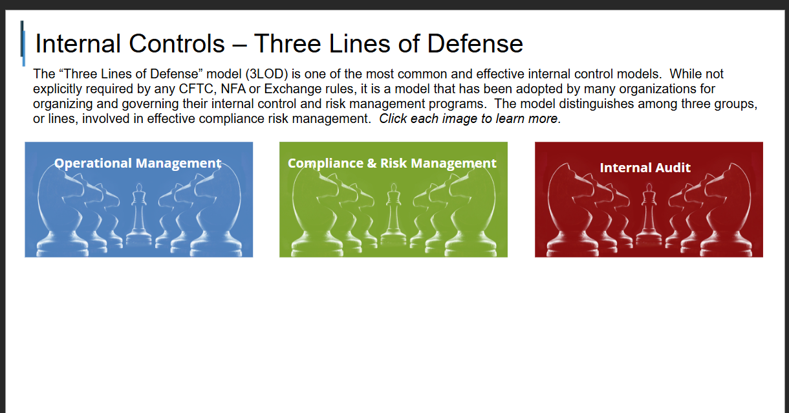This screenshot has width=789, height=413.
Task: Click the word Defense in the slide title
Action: click(475, 44)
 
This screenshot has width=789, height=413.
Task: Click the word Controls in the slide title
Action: click(177, 44)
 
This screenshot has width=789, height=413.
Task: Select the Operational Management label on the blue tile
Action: click(138, 164)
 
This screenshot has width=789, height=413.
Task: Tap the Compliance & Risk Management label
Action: click(392, 164)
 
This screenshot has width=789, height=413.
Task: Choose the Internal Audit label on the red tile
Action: click(645, 168)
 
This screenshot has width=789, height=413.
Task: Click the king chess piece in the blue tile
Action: click(139, 214)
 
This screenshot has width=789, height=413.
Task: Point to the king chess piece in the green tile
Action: click(393, 214)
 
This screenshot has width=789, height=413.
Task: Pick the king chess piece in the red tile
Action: click(649, 214)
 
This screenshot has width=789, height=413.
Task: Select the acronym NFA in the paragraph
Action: click(233, 89)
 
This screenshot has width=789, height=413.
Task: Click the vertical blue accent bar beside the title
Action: click(23, 43)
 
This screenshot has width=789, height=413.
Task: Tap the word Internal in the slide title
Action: click(78, 44)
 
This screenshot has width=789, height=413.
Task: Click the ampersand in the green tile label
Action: click(372, 163)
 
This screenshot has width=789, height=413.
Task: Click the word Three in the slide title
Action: click(287, 44)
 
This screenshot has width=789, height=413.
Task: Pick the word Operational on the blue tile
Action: click(93, 164)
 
